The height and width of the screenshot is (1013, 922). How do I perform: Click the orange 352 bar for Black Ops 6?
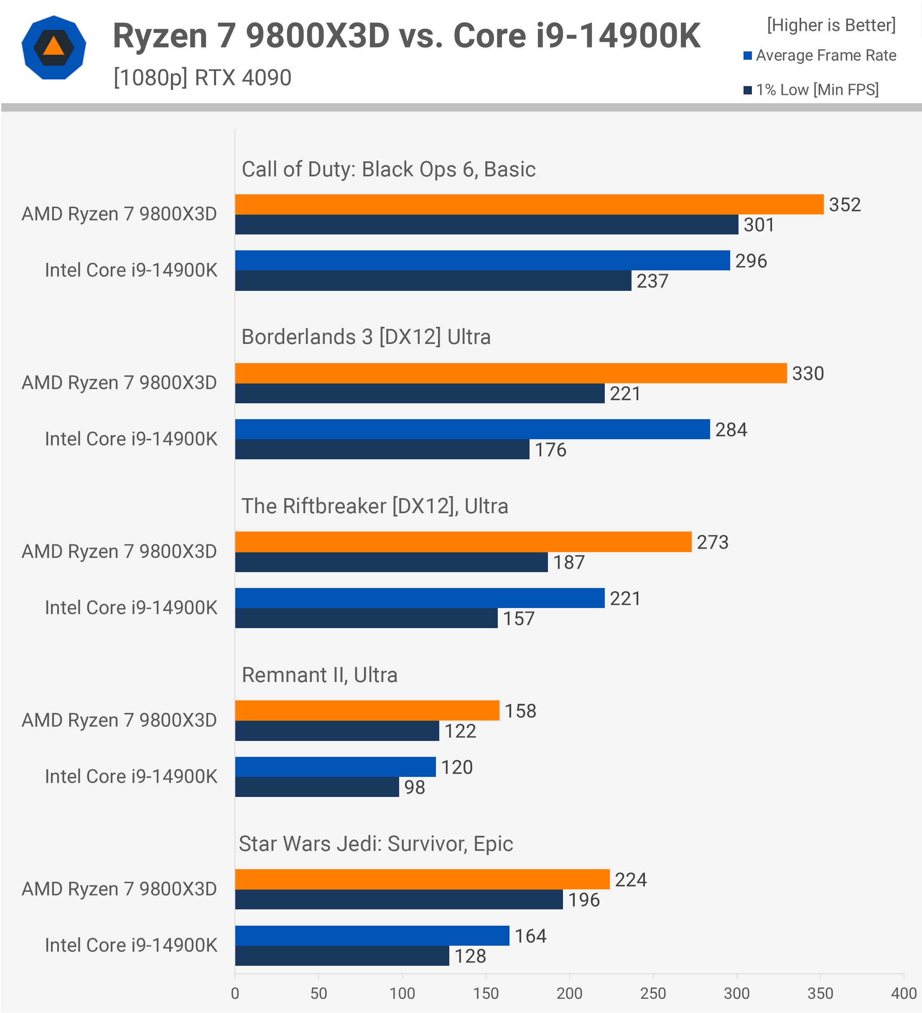pos(529,204)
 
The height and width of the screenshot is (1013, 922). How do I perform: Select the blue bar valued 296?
pos(482,260)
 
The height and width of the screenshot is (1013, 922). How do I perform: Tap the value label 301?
pos(759,224)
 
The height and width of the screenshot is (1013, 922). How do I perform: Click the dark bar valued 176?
pos(382,449)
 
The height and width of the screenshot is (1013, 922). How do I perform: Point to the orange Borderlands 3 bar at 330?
pos(510,373)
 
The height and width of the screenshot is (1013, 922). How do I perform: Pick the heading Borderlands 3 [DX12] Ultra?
pos(366,337)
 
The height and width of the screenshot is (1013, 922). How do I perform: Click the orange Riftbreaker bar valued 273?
pos(463,542)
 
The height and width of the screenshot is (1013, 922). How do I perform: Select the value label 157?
pos(519,618)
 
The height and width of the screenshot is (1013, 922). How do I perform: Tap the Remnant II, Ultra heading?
pos(320,675)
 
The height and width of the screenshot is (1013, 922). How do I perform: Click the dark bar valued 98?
pos(316,787)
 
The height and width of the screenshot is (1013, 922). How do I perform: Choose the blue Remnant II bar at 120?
pos(335,767)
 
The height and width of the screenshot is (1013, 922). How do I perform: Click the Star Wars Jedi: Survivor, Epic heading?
pos(376,844)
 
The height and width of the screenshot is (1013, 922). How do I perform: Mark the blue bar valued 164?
pos(372,936)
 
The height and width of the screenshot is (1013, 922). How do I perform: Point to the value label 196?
pos(584,900)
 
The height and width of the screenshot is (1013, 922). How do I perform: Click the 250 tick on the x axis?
pos(653,993)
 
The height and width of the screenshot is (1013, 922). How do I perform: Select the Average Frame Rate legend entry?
pos(820,55)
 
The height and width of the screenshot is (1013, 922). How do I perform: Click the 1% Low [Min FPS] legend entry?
pos(812,90)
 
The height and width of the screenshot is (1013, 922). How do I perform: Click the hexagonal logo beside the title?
pos(54,48)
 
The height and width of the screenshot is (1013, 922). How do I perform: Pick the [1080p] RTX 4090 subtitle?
pos(202,78)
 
